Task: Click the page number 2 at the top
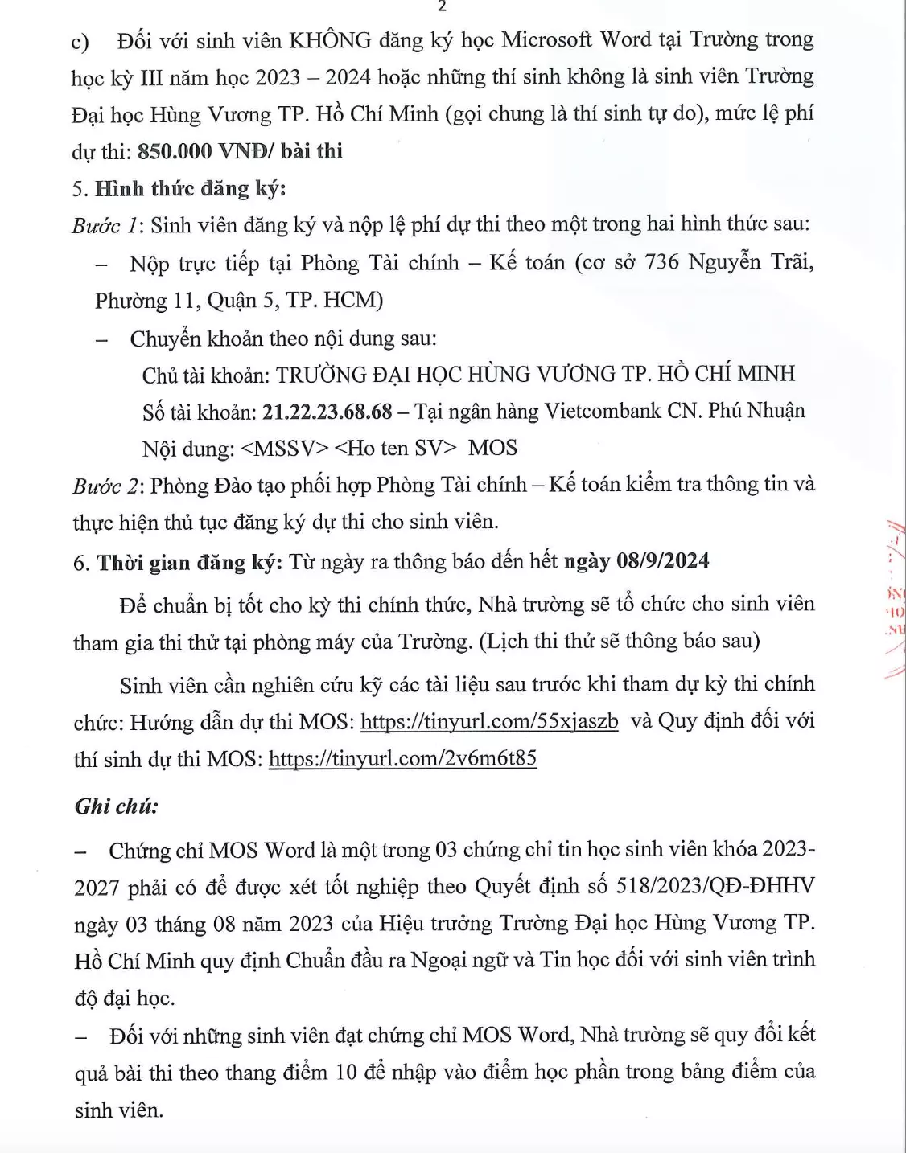click(x=441, y=6)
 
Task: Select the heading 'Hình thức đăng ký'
click(x=190, y=189)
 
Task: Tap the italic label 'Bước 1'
click(x=104, y=226)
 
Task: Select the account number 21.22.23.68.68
click(x=327, y=412)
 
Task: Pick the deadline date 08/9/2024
click(x=662, y=560)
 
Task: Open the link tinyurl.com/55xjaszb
click(x=489, y=721)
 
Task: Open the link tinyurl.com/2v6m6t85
click(x=402, y=758)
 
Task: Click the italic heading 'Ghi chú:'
click(x=117, y=806)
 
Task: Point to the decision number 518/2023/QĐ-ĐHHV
click(x=715, y=886)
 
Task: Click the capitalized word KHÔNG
click(x=330, y=40)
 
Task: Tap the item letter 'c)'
click(x=80, y=42)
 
